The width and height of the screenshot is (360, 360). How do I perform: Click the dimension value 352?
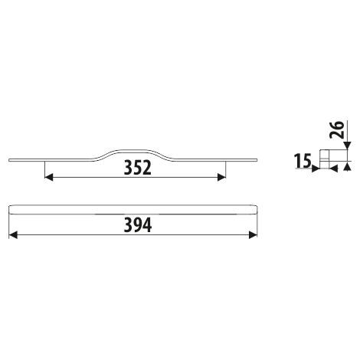point(138,168)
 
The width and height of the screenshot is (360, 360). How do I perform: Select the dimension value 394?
point(138,225)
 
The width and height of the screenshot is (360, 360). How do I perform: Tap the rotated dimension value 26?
point(336,129)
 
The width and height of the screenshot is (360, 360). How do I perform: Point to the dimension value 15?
point(303,161)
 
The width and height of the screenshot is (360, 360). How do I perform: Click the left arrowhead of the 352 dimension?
point(49,177)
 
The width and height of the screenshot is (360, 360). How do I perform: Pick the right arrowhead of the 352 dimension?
point(221,177)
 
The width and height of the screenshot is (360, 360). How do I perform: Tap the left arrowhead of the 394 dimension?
point(13,235)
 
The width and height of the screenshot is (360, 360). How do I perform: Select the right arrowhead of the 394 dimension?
point(253,235)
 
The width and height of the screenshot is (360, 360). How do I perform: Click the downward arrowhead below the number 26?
point(347,146)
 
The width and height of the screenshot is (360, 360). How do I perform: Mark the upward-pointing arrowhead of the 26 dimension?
point(347,166)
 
